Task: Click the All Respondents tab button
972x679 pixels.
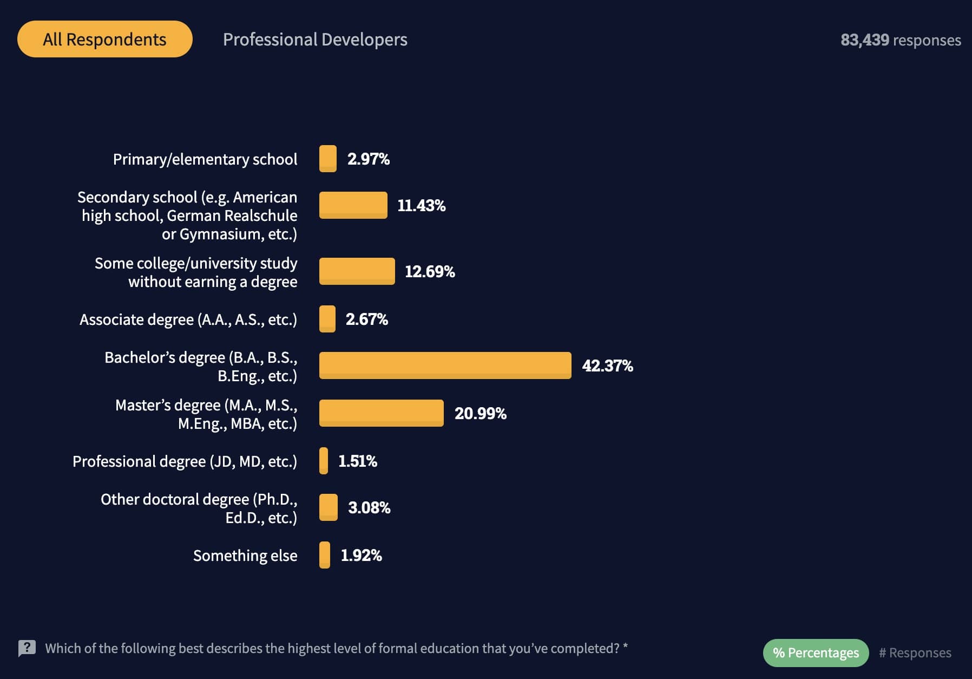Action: (104, 39)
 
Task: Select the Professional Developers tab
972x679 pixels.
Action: (315, 40)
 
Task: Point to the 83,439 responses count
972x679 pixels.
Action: (901, 40)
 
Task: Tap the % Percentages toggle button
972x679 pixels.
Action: (816, 652)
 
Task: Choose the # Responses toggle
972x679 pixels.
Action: (915, 652)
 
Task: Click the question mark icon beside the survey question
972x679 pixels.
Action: (27, 648)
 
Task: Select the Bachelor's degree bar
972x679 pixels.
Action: (445, 365)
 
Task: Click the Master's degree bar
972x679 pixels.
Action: (381, 413)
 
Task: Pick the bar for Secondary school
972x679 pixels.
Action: (353, 205)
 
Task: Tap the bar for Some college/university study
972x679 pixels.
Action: (357, 271)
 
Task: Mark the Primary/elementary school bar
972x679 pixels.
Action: (327, 159)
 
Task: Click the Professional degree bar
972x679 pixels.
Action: (324, 461)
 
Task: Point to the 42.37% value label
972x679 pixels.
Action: (607, 366)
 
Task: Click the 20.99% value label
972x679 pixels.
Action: (480, 414)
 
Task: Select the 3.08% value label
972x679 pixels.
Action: (369, 508)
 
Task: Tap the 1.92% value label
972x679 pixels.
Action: (361, 556)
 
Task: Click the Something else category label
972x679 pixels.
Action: (245, 556)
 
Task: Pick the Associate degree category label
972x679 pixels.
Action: (188, 319)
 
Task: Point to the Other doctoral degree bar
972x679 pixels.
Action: (328, 507)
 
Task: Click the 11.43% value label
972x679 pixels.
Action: (421, 206)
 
